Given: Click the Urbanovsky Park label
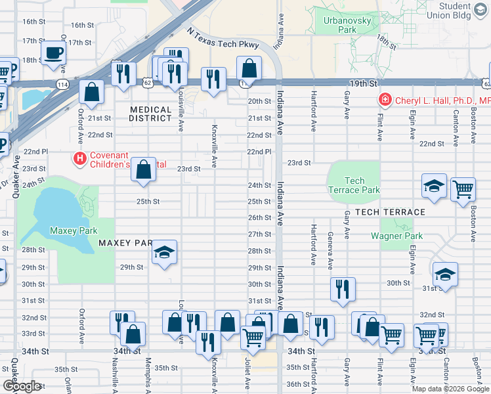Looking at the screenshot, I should pos(339,25).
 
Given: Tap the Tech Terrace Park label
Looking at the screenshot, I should pos(354,185).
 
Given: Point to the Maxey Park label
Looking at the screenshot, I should pos(74,230).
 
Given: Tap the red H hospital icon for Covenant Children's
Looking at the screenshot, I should pos(80,158).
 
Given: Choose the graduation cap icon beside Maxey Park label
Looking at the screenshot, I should pos(163,252).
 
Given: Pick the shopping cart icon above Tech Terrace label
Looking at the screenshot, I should pos(463,188).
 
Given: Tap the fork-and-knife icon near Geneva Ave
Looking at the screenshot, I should pos(342,289).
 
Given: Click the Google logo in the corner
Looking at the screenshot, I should pos(22,386).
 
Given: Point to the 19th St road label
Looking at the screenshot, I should pos(362,84).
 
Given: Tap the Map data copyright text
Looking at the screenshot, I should pos(450,389).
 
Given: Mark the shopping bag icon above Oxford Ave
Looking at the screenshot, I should pos(92,92).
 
